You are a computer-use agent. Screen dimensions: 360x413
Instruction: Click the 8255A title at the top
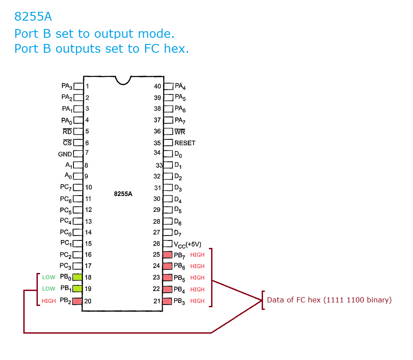pos(33,17)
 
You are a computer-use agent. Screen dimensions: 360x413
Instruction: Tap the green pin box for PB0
pos(77,277)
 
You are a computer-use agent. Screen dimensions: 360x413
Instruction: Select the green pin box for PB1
pos(77,289)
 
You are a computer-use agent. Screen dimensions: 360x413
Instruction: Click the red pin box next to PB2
pos(77,301)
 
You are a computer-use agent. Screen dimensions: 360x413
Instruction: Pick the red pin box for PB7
pos(168,255)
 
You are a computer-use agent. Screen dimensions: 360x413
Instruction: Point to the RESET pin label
pos(185,143)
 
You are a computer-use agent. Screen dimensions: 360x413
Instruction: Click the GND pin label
pos(65,154)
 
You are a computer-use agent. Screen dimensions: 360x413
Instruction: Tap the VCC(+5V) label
pos(188,244)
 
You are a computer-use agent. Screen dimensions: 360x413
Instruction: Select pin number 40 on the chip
pos(157,87)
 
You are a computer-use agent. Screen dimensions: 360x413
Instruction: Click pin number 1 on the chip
pos(87,87)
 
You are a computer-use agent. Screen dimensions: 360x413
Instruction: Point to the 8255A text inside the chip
pos(123,193)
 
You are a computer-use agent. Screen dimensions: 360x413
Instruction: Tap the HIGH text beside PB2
pos(49,301)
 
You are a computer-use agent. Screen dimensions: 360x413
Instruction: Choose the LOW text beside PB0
pos(49,277)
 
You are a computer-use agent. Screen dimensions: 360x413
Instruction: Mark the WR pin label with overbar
pos(180,131)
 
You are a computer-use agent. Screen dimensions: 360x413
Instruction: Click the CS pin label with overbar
pos(67,143)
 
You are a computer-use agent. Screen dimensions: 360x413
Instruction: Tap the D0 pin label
pos(178,154)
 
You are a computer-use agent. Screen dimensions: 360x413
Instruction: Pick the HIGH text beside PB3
pos(197,301)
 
